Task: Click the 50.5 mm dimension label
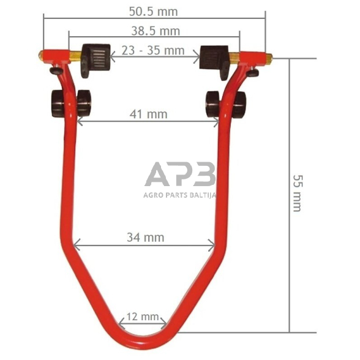coord(153,12)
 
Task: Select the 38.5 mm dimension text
coord(156,31)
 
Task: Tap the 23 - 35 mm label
coord(153,50)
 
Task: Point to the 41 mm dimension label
coord(148,114)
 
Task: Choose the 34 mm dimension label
coord(146,237)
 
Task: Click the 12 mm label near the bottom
coord(143,317)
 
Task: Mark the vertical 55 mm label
coord(298,193)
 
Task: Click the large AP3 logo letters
coord(180,174)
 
